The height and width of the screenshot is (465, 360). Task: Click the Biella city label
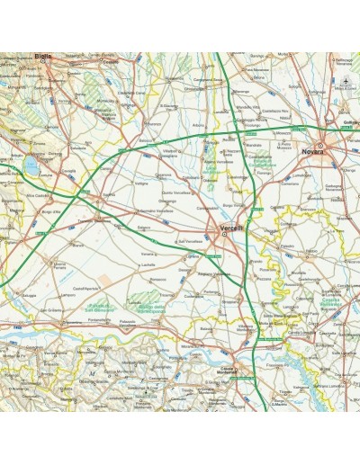coord(42,56)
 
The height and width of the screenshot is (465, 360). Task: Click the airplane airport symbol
coord(346,83)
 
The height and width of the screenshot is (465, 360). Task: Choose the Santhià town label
coord(109,195)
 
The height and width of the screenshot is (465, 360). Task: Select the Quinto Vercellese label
coord(175,191)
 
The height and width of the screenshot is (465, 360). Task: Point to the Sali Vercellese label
coord(192,241)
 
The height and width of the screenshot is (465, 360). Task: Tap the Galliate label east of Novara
coord(350,125)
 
